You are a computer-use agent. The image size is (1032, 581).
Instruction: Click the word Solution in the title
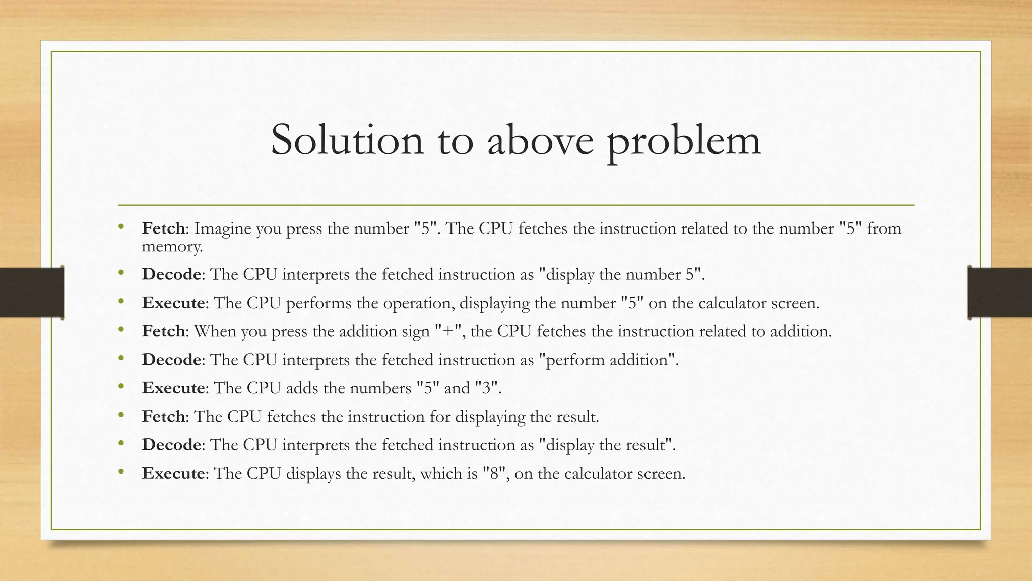point(347,140)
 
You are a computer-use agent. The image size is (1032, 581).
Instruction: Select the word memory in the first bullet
point(172,247)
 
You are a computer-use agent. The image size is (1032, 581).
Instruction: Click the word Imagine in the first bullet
point(223,229)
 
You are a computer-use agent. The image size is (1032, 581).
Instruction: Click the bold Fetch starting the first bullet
point(163,228)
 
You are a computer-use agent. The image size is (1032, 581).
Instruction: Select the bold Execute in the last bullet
point(173,473)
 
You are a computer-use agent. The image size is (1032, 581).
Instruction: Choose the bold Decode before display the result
point(171,445)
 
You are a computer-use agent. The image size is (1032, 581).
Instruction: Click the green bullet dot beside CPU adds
point(121,387)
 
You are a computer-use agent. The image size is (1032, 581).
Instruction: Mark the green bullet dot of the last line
point(121,472)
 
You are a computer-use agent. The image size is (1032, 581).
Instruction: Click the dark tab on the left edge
point(32,293)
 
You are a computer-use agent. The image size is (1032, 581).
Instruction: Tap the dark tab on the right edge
point(1000,293)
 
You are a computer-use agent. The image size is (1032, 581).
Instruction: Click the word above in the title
point(540,140)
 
